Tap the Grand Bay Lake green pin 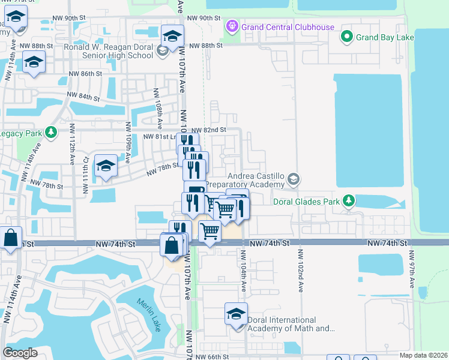[346, 38]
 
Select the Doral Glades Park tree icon [348, 200]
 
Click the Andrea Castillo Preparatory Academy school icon [294, 178]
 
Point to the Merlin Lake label [148, 315]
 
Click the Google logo [20, 352]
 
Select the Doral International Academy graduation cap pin [236, 313]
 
